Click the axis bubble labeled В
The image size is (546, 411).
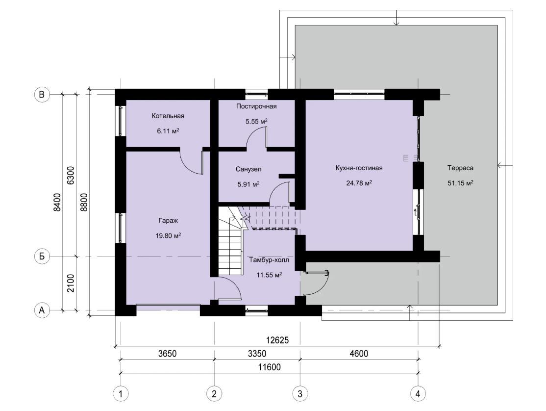(x=42, y=94)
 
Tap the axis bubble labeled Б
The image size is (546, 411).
(x=42, y=257)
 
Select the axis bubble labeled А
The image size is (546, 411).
(x=42, y=309)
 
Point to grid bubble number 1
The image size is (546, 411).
(x=121, y=394)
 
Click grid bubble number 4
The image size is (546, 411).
(x=418, y=394)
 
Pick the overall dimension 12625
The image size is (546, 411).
(x=277, y=340)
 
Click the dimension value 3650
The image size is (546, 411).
(x=168, y=354)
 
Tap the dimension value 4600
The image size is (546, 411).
(x=359, y=354)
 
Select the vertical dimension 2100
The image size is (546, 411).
(x=71, y=283)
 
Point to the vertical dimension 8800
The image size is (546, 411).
(x=84, y=203)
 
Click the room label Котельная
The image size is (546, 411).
(x=168, y=116)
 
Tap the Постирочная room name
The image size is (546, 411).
(x=256, y=106)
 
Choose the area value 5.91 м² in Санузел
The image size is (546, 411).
(x=248, y=184)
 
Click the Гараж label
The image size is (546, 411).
(x=168, y=221)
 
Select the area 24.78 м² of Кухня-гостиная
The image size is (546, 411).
(x=359, y=183)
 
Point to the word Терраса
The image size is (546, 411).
(x=460, y=168)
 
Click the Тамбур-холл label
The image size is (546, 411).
(x=269, y=260)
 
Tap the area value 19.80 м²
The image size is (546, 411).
(x=168, y=236)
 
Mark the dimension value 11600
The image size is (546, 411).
(x=270, y=367)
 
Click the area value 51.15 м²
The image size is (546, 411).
(x=460, y=183)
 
